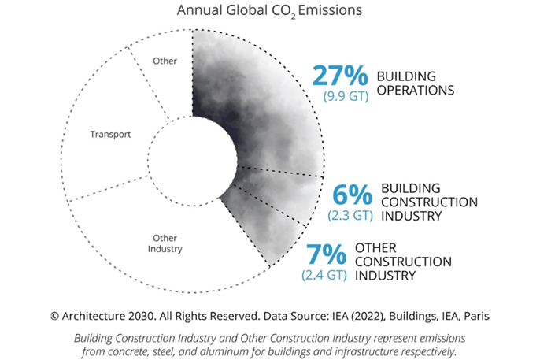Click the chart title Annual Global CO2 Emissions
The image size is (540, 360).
[269, 12]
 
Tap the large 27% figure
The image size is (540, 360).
[341, 76]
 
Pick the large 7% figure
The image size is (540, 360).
[324, 255]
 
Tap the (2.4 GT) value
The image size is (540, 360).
[324, 275]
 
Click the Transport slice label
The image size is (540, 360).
[110, 134]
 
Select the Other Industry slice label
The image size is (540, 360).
[165, 243]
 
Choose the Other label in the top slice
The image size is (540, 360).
[165, 61]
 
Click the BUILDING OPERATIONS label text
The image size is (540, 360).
[416, 83]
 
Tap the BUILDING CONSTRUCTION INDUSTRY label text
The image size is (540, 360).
[428, 202]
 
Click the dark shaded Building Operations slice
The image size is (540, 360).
[260, 102]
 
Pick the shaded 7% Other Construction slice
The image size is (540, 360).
[252, 228]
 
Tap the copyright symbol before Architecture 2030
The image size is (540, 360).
[54, 315]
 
